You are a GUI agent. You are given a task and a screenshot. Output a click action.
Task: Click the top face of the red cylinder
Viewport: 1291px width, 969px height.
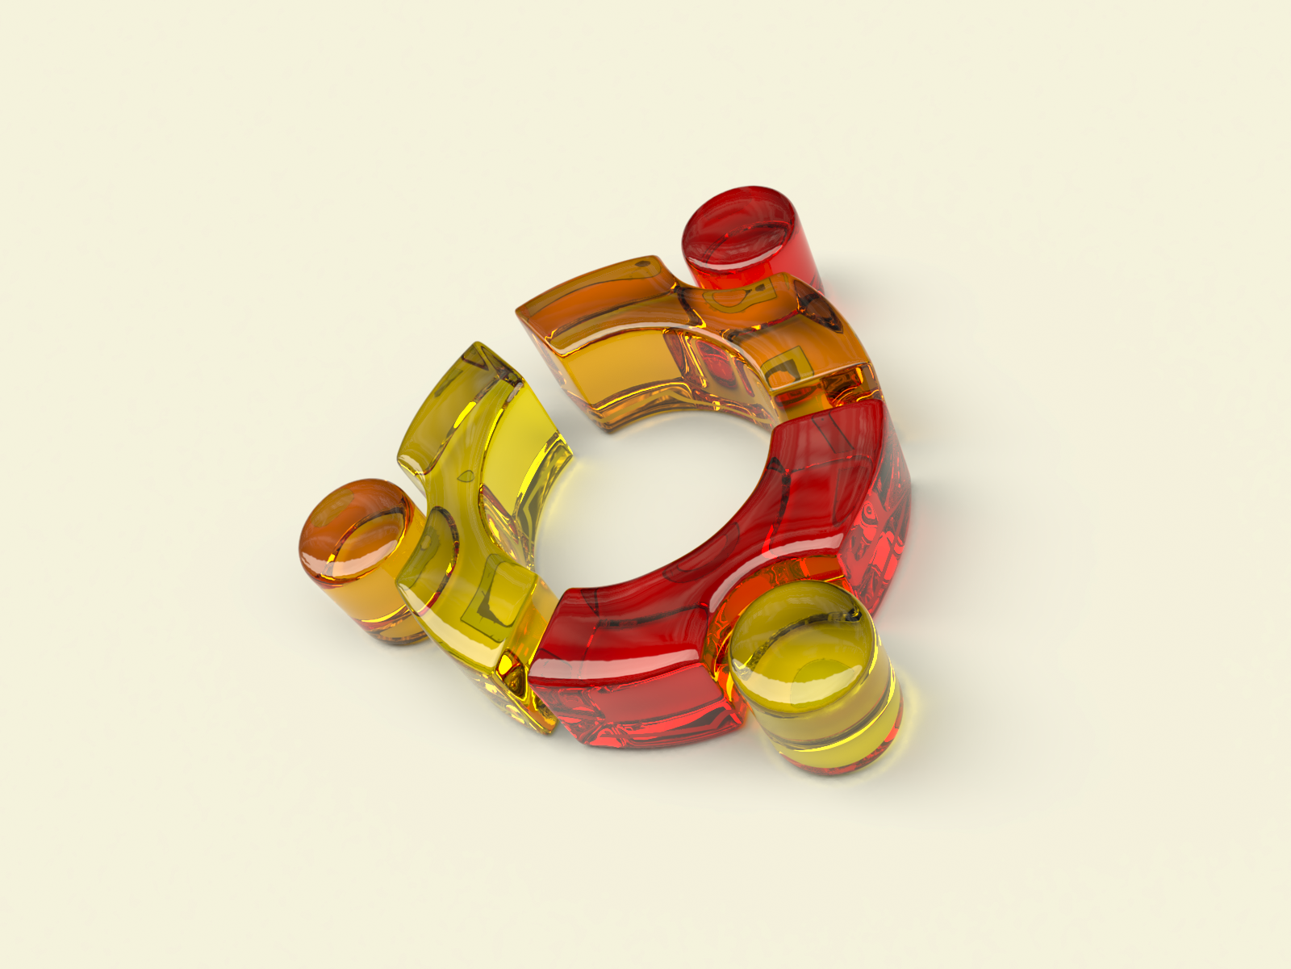click(x=738, y=226)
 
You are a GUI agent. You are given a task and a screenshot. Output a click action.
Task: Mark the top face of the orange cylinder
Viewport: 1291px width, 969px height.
click(x=355, y=529)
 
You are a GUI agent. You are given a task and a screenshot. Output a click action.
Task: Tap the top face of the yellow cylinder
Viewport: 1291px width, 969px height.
click(x=803, y=646)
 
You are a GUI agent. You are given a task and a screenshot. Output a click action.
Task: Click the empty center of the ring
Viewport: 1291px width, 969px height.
click(x=662, y=493)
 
